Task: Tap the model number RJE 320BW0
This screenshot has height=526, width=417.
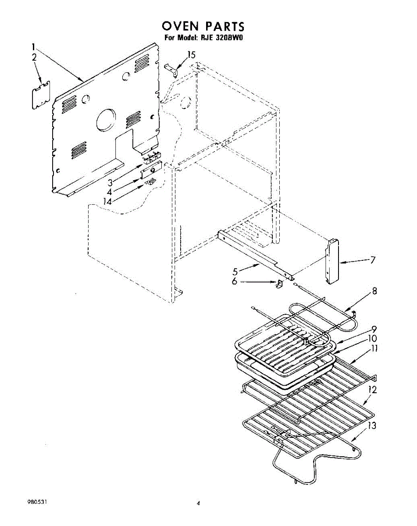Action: pyautogui.click(x=222, y=38)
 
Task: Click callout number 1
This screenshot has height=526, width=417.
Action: pyautogui.click(x=33, y=46)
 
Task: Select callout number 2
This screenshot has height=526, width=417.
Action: pyautogui.click(x=34, y=57)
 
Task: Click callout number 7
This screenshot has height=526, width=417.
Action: pyautogui.click(x=372, y=260)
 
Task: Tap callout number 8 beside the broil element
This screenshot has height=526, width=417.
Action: pyautogui.click(x=374, y=291)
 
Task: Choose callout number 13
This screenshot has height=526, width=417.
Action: pyautogui.click(x=371, y=426)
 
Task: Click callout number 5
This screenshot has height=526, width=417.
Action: pyautogui.click(x=235, y=272)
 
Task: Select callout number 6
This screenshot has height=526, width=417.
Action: pyautogui.click(x=235, y=282)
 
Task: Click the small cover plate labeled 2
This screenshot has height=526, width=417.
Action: pyautogui.click(x=40, y=94)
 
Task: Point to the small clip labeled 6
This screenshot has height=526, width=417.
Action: pyautogui.click(x=279, y=284)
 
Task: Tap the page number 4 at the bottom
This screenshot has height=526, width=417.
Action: pyautogui.click(x=198, y=504)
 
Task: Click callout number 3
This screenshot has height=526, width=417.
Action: pyautogui.click(x=111, y=181)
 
